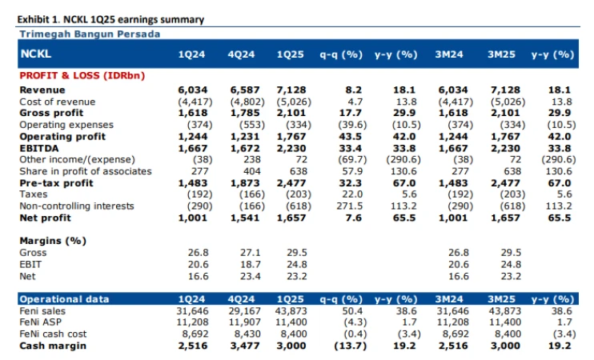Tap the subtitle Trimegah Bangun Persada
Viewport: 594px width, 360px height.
[89, 34]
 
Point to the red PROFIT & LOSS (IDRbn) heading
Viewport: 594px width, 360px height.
[81, 74]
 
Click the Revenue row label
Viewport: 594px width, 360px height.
[42, 90]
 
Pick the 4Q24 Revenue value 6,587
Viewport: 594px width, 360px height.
[245, 90]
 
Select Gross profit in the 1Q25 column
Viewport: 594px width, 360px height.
[291, 114]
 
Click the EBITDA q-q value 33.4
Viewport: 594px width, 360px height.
[350, 148]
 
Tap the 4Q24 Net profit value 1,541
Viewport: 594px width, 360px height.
[245, 218]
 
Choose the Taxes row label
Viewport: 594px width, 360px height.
[33, 194]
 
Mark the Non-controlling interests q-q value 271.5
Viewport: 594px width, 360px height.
[349, 206]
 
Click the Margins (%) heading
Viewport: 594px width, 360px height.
[53, 241]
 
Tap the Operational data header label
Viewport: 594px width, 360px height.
[63, 299]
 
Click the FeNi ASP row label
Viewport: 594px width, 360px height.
[39, 322]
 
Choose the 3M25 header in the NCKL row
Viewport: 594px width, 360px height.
[504, 54]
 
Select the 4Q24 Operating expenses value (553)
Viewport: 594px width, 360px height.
[245, 125]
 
